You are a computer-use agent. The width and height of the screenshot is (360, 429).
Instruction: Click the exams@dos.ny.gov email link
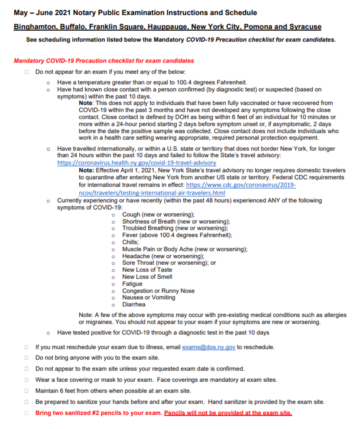[209, 347]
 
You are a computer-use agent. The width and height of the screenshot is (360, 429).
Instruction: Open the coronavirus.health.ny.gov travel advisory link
[136, 163]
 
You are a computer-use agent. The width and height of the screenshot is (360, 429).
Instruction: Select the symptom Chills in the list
[130, 242]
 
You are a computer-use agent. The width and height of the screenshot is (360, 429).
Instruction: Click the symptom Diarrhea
[134, 305]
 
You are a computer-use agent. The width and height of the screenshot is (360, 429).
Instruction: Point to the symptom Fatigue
[132, 284]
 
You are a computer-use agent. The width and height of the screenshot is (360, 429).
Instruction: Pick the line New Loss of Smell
[147, 277]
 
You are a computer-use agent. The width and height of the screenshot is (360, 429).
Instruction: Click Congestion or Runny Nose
[158, 291]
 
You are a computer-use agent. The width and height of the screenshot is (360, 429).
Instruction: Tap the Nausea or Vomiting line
[149, 298]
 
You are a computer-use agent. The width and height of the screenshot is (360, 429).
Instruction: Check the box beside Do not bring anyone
[26, 358]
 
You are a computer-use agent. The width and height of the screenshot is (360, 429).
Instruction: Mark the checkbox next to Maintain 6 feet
[26, 391]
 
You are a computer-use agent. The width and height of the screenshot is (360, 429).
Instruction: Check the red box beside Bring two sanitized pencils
[26, 413]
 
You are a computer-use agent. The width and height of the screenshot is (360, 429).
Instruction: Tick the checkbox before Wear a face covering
[26, 380]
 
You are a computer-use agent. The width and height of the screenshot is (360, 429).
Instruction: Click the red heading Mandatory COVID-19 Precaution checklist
[104, 61]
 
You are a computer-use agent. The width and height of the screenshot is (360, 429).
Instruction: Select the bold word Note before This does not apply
[86, 103]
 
